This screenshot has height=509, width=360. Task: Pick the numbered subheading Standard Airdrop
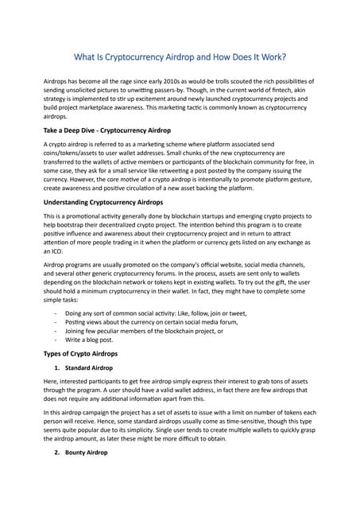tap(89, 368)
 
